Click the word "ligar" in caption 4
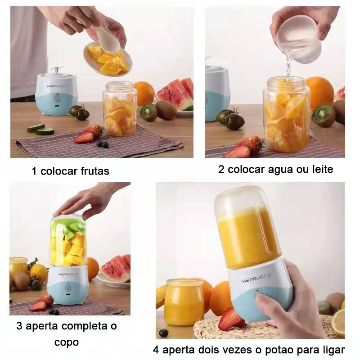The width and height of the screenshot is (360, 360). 335,350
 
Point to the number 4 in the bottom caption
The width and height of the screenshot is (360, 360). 156,350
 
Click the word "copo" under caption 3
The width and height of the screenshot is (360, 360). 67,342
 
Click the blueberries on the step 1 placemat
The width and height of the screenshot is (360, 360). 103,144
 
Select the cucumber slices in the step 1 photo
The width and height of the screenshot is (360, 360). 41,129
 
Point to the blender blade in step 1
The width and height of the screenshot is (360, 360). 54,70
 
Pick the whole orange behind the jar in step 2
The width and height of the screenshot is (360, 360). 319,92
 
